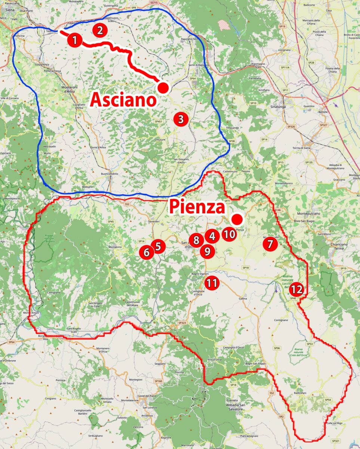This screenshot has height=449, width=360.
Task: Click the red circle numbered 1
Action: pos(75,40)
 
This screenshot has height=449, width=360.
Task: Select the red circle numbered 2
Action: pos(99,30)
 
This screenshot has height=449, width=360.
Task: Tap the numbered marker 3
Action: pos(181,119)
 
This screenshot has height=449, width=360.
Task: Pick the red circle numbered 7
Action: pos(270,244)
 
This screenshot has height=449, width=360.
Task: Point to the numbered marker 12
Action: pos(297,289)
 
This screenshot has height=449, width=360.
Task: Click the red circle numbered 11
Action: pos(212,283)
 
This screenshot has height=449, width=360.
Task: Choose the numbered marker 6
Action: pos(146,253)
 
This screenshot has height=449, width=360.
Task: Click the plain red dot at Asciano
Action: pos(163,88)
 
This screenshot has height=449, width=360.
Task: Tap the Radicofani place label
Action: pos(300,393)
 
